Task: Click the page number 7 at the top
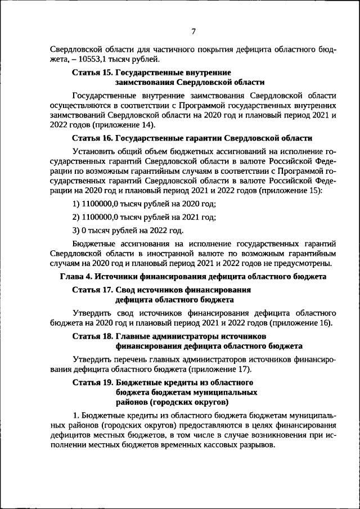click(x=192, y=31)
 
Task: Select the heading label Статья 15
click(x=93, y=73)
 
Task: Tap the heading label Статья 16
click(x=93, y=138)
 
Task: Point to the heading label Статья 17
click(x=93, y=290)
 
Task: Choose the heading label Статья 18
click(x=93, y=336)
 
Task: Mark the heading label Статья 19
click(x=93, y=382)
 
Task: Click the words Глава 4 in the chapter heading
click(x=75, y=277)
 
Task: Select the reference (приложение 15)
click(x=291, y=191)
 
